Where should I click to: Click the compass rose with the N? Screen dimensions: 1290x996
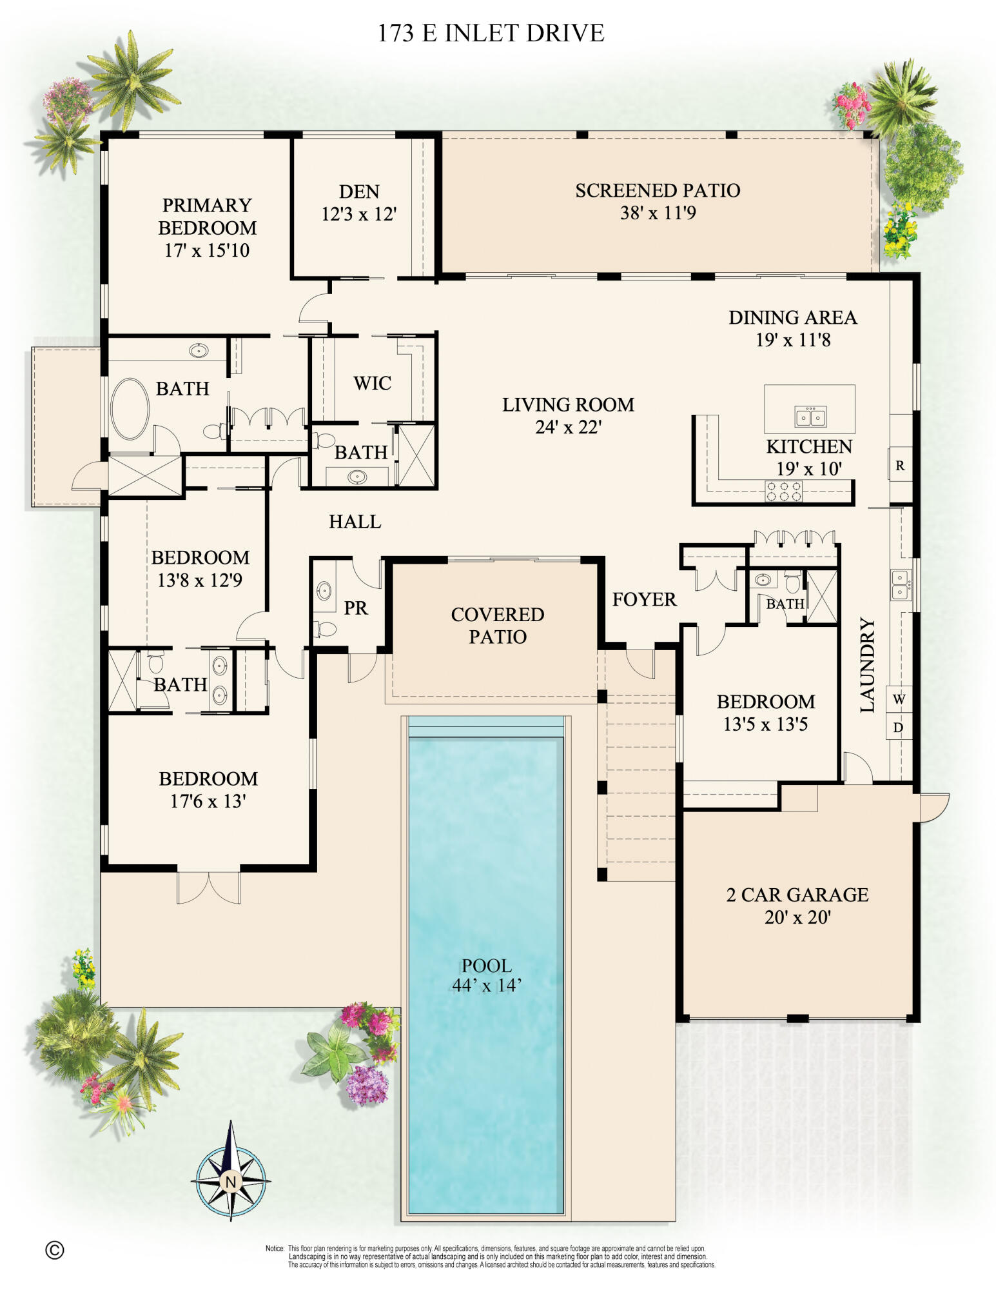click(230, 1181)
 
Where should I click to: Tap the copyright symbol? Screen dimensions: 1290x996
click(55, 1250)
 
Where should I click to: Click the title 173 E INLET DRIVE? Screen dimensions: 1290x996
click(491, 34)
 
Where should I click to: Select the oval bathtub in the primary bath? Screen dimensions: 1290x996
click(130, 409)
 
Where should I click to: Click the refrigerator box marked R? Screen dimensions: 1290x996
click(900, 466)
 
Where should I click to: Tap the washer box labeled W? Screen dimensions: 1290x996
click(899, 699)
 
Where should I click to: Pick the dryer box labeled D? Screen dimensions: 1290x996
click(899, 728)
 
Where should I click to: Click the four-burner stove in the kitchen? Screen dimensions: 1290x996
click(783, 491)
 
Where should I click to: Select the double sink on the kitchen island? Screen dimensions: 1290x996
click(810, 417)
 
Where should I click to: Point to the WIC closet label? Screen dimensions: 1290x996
click(372, 383)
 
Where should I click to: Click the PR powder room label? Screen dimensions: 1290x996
click(355, 608)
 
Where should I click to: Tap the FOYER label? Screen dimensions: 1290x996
click(644, 599)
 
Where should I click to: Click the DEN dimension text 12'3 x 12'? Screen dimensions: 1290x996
click(359, 214)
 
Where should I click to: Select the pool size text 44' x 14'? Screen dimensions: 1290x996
click(487, 986)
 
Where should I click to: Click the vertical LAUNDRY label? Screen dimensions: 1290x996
click(868, 665)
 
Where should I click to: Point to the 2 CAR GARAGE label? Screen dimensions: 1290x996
click(797, 895)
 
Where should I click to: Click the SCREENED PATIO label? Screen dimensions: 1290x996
click(658, 190)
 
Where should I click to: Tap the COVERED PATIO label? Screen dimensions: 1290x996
click(497, 625)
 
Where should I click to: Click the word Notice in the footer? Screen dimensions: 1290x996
click(275, 1249)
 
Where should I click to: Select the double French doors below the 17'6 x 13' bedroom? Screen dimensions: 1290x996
click(209, 887)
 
